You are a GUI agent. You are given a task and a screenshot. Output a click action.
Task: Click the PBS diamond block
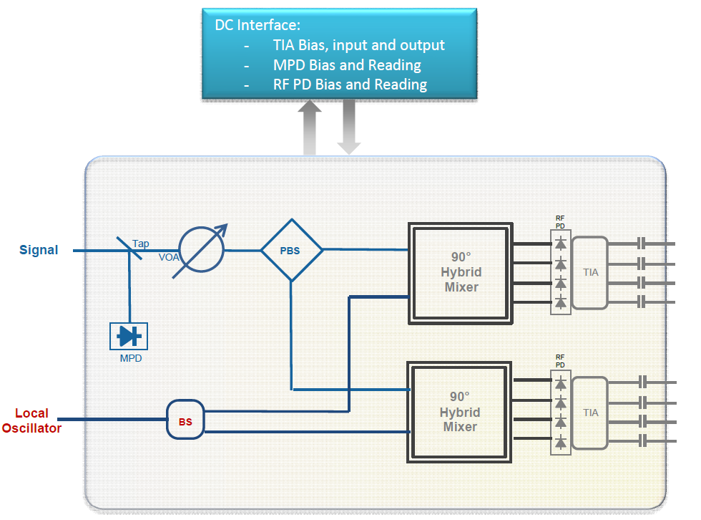[290, 251]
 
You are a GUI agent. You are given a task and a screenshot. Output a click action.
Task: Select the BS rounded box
[185, 421]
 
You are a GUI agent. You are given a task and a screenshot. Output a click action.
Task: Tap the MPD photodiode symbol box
[129, 336]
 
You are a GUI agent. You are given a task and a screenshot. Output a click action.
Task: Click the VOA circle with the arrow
[202, 250]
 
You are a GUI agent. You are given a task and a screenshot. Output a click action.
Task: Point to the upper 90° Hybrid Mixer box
[461, 272]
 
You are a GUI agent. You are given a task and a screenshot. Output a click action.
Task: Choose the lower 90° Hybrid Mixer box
[460, 412]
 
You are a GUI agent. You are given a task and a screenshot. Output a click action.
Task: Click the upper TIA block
[590, 272]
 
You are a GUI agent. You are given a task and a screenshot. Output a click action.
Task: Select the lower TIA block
[590, 413]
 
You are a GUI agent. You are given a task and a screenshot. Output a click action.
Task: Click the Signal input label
[39, 250]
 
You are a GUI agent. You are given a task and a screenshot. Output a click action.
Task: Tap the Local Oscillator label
[31, 420]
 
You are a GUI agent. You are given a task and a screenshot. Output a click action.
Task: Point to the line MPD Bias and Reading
[346, 65]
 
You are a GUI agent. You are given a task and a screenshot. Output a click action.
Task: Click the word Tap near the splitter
[141, 244]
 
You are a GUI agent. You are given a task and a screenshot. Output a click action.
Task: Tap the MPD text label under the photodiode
[130, 358]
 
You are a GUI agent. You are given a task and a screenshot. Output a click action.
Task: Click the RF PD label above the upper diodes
[560, 221]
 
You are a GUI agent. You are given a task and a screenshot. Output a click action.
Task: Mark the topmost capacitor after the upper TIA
[641, 244]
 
